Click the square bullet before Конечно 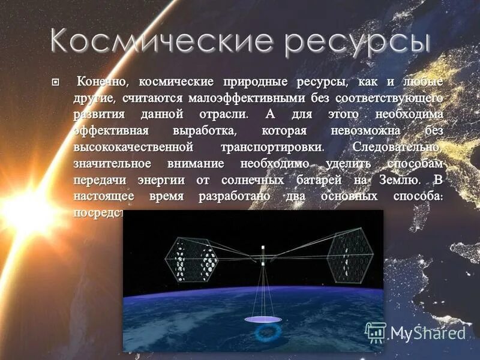pyautogui.click(x=56, y=82)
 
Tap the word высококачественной pyautogui.click(x=133, y=147)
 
